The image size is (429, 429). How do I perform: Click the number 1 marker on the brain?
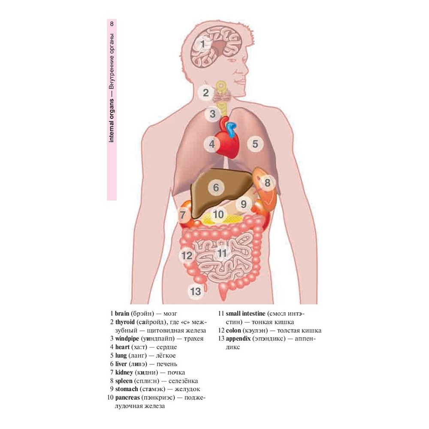[203, 44]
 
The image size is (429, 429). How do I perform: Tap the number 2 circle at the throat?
[206, 93]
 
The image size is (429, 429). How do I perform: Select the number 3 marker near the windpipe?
[213, 114]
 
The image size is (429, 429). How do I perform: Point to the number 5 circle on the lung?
[255, 144]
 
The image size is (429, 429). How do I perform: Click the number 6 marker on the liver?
[216, 187]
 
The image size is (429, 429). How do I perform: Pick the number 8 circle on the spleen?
[267, 182]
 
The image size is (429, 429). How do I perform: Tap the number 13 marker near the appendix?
[196, 291]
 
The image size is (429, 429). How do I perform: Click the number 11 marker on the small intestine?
[222, 254]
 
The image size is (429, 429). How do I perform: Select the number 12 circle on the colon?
[187, 256]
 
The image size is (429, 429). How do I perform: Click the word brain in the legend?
[122, 314]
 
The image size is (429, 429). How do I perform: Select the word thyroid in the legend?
[125, 322]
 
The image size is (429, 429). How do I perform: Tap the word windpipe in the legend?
[127, 339]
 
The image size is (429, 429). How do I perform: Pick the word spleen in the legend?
[124, 381]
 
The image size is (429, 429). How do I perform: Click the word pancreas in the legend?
[127, 398]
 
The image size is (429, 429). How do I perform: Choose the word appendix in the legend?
[238, 339]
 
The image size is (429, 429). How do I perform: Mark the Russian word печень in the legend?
[167, 364]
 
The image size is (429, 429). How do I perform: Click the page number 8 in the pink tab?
[112, 24]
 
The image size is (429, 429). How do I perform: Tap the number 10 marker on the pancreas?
[218, 214]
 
